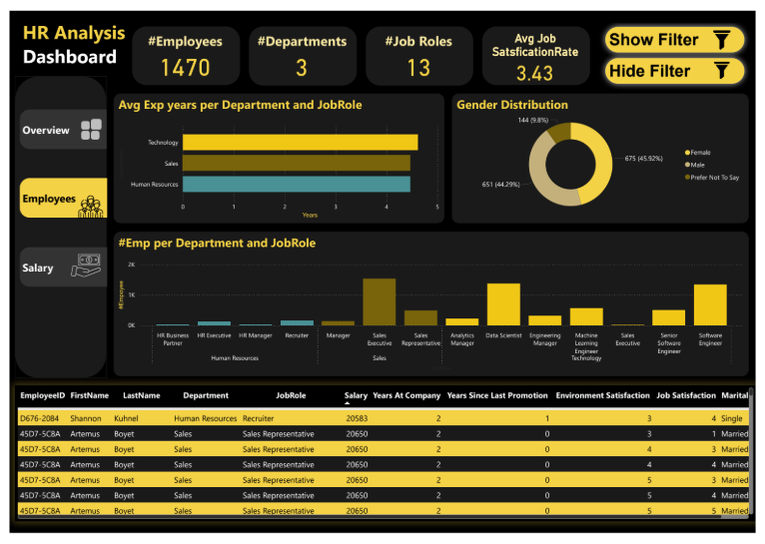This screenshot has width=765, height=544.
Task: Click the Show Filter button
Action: click(674, 40)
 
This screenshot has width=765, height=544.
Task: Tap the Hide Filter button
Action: click(674, 71)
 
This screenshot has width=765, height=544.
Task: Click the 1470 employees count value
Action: click(185, 68)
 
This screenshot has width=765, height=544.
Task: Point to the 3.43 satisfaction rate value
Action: click(534, 73)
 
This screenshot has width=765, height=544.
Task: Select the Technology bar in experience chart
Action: click(300, 143)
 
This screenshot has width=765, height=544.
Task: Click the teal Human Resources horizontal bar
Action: click(296, 184)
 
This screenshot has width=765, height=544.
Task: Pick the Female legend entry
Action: click(700, 153)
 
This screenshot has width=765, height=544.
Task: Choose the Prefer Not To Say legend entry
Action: click(713, 177)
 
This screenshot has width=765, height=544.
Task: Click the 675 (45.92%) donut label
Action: click(644, 158)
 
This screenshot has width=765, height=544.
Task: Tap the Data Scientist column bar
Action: click(503, 304)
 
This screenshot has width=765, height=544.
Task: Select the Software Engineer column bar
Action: click(710, 304)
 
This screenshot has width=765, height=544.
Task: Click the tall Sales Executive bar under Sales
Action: click(380, 301)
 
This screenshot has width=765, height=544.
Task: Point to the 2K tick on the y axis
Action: click(131, 265)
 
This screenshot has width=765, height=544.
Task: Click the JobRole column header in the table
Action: click(291, 395)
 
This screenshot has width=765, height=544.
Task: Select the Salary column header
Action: click(356, 395)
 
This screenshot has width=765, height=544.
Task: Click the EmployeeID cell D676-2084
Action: click(40, 419)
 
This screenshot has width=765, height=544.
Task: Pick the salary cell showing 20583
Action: click(357, 419)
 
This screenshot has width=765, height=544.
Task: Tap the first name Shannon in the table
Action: click(86, 419)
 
